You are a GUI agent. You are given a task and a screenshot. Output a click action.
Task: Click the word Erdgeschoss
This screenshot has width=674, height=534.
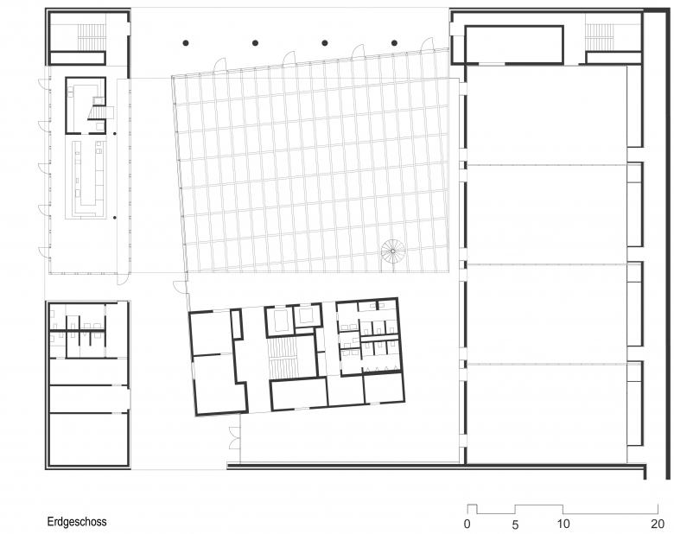click(x=77, y=522)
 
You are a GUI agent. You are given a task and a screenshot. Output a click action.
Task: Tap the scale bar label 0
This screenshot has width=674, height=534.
click(x=467, y=524)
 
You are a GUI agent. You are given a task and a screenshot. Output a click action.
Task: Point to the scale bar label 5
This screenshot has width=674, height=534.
click(x=515, y=524)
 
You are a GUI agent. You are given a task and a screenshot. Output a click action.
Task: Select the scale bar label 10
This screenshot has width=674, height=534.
click(x=563, y=524)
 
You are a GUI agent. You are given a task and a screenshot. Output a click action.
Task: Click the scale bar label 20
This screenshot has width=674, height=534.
click(x=658, y=524)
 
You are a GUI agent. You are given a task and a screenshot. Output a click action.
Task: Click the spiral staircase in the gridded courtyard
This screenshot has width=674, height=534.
click(x=393, y=251)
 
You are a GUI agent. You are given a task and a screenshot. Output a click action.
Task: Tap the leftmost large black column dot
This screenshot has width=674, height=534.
click(x=186, y=43)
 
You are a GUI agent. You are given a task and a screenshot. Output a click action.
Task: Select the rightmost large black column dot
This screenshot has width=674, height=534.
click(x=395, y=43)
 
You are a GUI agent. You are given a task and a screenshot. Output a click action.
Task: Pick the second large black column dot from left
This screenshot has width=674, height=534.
click(x=255, y=43)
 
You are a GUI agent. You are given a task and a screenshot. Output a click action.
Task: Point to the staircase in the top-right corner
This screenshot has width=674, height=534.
click(x=600, y=37)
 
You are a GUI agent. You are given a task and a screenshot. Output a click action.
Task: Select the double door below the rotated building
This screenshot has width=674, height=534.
click(x=234, y=438)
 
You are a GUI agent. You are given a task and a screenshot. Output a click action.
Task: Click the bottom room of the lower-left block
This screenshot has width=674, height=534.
click(x=88, y=439)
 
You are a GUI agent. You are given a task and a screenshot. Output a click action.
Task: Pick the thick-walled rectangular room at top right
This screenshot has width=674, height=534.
click(x=514, y=44)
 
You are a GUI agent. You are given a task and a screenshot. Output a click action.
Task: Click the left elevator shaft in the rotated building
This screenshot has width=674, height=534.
click(x=278, y=320)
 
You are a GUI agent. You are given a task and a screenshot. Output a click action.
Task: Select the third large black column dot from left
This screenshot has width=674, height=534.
click(x=325, y=43)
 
